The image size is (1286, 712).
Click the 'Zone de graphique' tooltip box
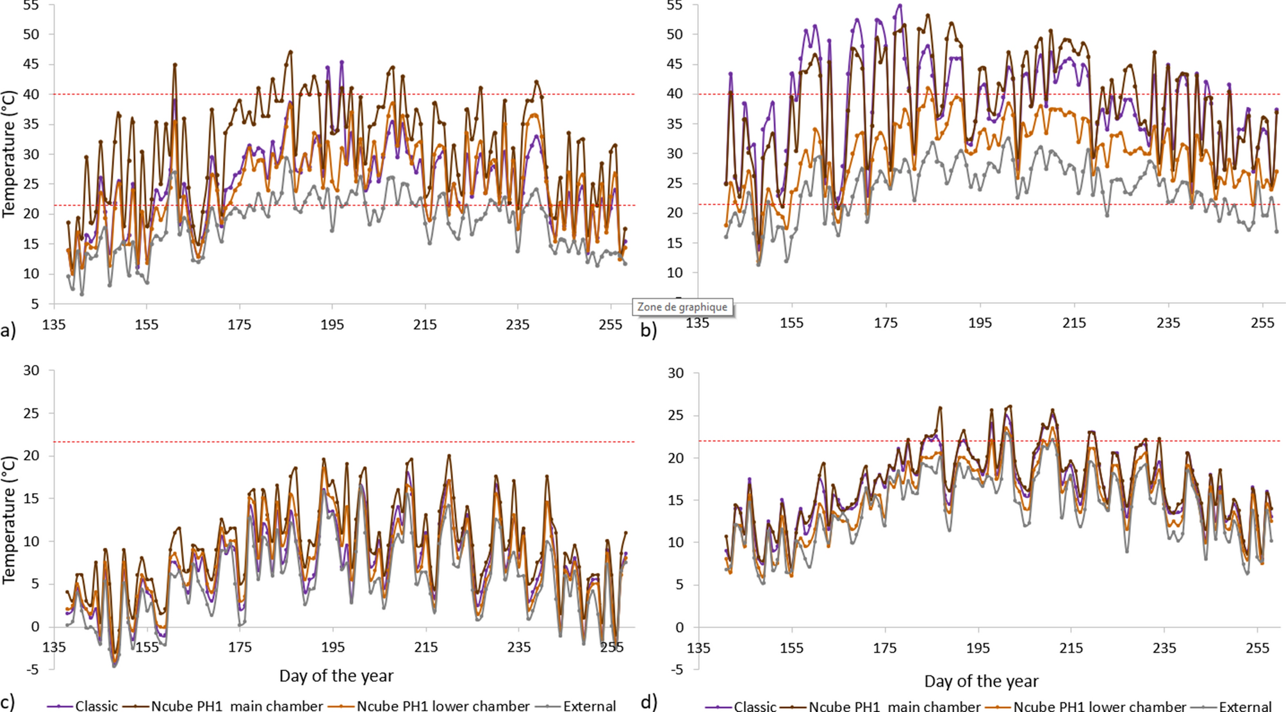point(682,307)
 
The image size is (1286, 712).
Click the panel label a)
point(8,330)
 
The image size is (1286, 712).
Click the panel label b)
point(648,330)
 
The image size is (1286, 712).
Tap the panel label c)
point(8,702)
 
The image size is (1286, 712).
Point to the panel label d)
point(648,702)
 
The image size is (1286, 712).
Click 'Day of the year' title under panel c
point(336,676)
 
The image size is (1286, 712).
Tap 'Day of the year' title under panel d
point(981,681)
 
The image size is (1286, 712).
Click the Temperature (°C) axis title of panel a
point(9,154)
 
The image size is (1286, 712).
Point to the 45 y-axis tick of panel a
point(31,64)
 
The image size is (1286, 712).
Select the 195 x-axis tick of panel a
point(332,325)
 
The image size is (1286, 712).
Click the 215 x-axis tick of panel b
point(1074,323)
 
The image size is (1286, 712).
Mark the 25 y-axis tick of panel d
point(675,415)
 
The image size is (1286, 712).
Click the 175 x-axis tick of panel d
point(885,648)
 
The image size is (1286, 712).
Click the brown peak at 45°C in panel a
point(175,65)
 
